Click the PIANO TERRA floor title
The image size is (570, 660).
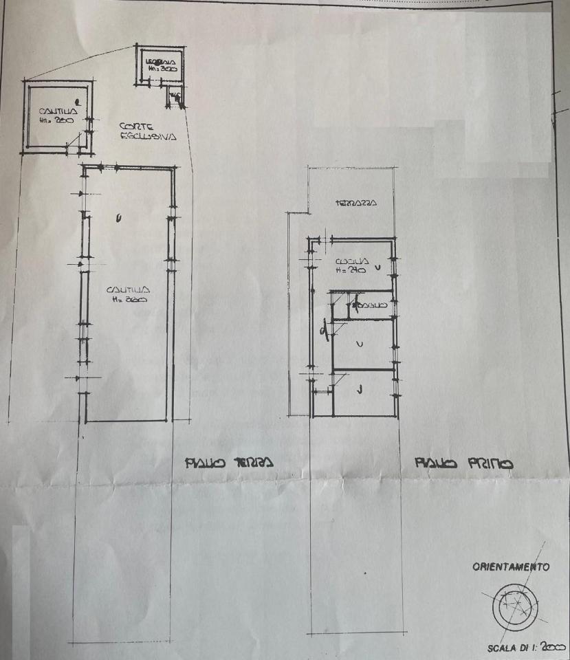pos(229,462)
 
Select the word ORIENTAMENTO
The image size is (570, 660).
pos(510,567)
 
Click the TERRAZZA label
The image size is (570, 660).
pos(355,203)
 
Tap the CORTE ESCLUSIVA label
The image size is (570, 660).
pos(147,131)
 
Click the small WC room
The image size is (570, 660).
pos(175,97)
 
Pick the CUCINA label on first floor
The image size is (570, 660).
pos(353,262)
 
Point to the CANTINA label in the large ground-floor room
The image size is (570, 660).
pos(124,290)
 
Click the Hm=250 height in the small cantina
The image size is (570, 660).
pos(51,120)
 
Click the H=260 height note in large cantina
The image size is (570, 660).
pos(124,300)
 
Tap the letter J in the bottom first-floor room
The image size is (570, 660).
pos(360,390)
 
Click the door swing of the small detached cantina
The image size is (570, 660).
pos(72,143)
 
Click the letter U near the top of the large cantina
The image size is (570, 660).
pos(119,219)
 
